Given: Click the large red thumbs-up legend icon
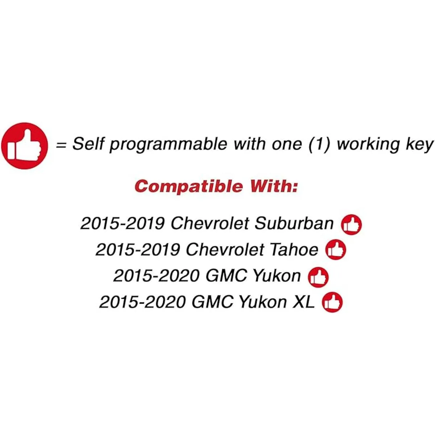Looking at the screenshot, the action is point(24,146).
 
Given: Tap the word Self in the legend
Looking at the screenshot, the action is point(88,144).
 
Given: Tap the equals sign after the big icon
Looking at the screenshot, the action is point(61,145).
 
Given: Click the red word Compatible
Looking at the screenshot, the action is point(189,187).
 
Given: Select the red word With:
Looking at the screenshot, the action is point(273,186).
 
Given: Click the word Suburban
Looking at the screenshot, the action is point(294,224).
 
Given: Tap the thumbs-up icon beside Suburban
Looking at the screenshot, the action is point(351,224).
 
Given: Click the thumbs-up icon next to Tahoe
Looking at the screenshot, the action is point(336,249).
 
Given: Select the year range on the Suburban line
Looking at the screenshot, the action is point(123,224).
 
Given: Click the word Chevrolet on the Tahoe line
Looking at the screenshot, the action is point(225,250).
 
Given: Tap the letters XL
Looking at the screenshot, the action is point(304,302).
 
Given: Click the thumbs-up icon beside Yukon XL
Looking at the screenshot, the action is point(332,302).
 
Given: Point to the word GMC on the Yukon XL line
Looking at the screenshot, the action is point(212,302).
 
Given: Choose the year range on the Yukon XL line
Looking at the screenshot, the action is point(142,302).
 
